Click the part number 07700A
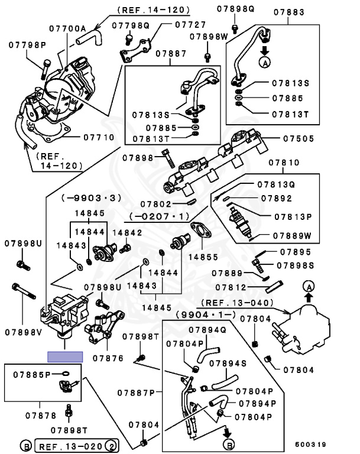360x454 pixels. [67, 28]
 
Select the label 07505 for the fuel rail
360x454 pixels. [290, 140]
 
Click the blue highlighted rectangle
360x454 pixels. [65, 356]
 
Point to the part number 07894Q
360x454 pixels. [208, 330]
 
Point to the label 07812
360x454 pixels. [230, 288]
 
